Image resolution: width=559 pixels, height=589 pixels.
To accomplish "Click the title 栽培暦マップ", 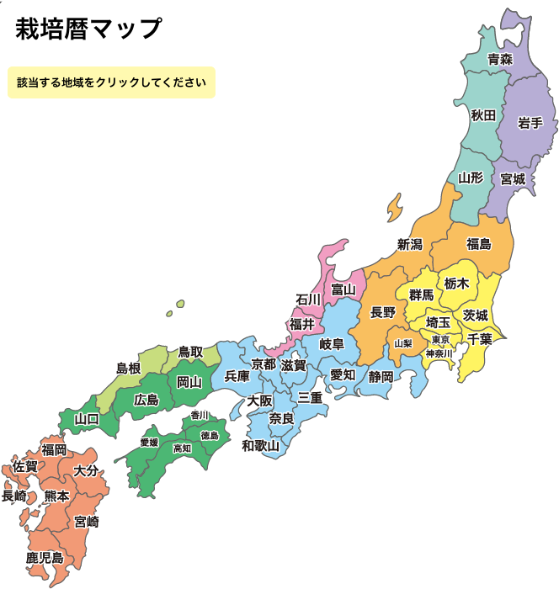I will (x=88, y=29).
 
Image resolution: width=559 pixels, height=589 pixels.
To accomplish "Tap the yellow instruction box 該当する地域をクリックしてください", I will (x=111, y=82).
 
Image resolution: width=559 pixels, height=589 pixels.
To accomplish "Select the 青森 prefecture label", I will (x=500, y=59).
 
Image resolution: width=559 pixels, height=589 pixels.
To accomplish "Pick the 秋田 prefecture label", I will (x=483, y=114).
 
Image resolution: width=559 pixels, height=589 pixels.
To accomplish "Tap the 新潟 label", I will (x=409, y=245).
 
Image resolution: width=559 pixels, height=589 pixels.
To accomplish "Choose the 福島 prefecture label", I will (x=478, y=244).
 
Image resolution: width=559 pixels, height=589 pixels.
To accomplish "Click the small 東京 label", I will (x=440, y=339).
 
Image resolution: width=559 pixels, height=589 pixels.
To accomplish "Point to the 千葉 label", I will (x=480, y=339).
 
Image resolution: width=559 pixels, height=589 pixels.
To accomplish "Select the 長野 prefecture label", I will (x=383, y=312).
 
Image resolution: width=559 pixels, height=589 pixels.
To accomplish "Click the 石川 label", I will (x=308, y=300).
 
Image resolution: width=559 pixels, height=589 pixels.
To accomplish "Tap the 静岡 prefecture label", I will (x=381, y=376).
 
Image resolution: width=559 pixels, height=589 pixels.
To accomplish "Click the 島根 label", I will (x=128, y=369).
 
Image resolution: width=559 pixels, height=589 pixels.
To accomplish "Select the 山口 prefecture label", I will (x=87, y=418).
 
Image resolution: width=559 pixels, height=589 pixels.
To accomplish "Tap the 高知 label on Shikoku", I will (x=182, y=448).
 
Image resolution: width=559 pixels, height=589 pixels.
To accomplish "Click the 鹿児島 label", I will (x=45, y=557).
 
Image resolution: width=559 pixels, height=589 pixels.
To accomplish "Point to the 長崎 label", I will (x=14, y=496).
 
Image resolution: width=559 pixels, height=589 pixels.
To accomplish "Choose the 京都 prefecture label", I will (x=264, y=364).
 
